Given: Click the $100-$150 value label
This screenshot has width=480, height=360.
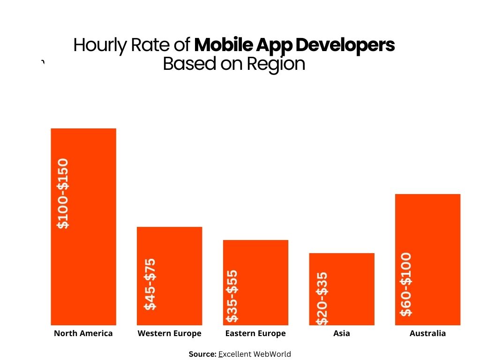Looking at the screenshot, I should [x=63, y=194].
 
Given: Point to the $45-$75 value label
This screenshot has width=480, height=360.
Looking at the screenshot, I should [x=150, y=285].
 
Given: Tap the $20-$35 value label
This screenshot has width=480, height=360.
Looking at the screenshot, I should [x=322, y=299].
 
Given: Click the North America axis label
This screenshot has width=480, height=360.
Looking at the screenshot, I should [x=83, y=334].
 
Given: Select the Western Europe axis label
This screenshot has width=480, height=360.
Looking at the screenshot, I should [x=169, y=334].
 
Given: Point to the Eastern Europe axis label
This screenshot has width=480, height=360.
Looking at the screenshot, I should [x=255, y=334].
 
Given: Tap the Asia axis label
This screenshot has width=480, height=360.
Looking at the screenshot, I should [x=342, y=334].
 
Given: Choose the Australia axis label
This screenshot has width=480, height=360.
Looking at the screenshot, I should [x=427, y=334].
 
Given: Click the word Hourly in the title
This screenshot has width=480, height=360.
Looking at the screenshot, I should [x=93, y=45].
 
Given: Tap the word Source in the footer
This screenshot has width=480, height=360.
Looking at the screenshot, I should [x=202, y=354].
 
